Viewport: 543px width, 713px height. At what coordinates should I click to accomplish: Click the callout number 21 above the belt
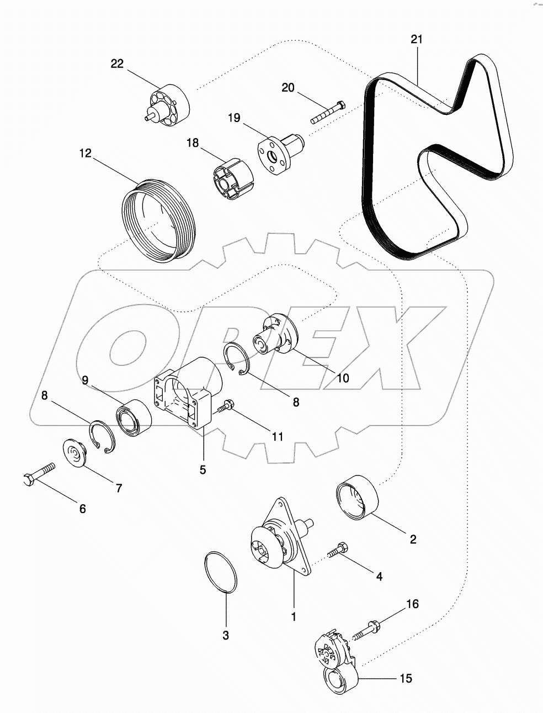tap(417, 39)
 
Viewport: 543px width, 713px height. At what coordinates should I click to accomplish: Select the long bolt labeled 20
tap(328, 112)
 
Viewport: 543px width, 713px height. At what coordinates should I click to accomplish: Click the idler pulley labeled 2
tap(356, 497)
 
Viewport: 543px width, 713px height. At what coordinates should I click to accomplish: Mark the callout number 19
tap(234, 118)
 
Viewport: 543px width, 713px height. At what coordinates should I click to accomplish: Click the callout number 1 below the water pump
tap(294, 616)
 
